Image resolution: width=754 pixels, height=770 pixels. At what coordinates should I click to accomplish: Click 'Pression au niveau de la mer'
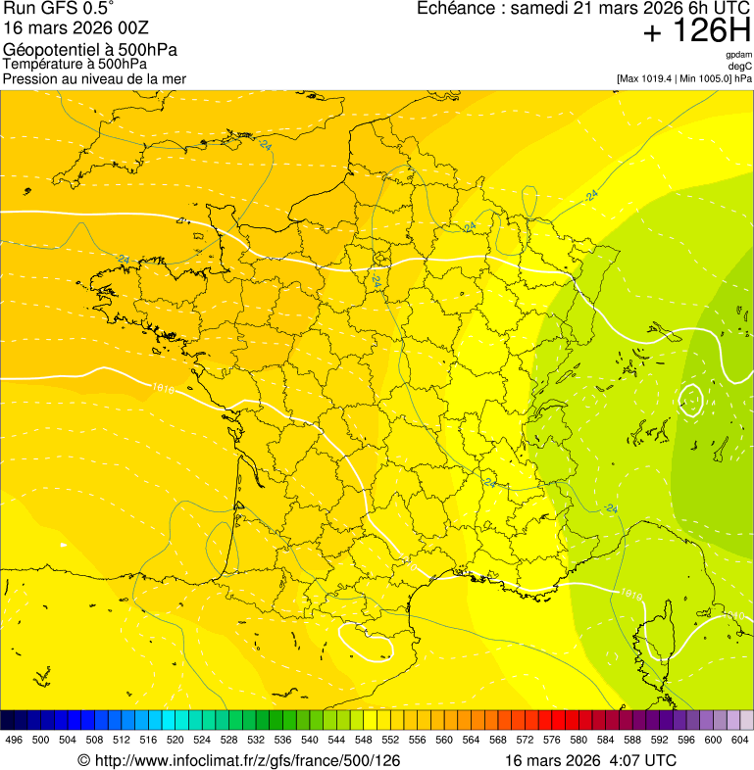coord(94,78)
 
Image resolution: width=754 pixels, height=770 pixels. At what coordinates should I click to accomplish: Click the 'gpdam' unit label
coord(738,55)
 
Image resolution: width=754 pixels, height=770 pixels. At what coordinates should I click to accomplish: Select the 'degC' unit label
coord(740,67)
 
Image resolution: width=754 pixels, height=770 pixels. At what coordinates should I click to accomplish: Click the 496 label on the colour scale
coord(14,741)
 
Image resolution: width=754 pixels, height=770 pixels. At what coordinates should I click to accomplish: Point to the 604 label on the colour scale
coord(740,741)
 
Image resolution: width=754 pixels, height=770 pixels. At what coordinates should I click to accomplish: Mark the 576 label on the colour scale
coord(552,741)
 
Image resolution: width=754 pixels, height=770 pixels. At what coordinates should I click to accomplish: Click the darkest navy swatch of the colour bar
coord(8,720)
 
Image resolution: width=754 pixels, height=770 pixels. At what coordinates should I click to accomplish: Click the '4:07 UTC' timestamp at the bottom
coord(642,760)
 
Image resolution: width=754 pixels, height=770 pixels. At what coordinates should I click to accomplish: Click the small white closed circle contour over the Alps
coord(691,400)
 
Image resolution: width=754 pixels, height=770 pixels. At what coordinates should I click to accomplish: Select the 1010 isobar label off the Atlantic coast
coord(164,389)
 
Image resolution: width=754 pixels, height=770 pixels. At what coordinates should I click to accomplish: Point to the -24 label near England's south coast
coord(265,145)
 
